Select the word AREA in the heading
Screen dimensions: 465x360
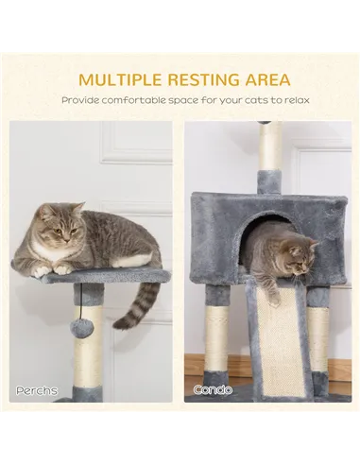click(x=267, y=79)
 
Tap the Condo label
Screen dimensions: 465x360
click(x=213, y=389)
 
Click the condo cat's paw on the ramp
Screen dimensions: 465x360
click(x=271, y=296)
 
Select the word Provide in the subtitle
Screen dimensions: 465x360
click(x=82, y=100)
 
